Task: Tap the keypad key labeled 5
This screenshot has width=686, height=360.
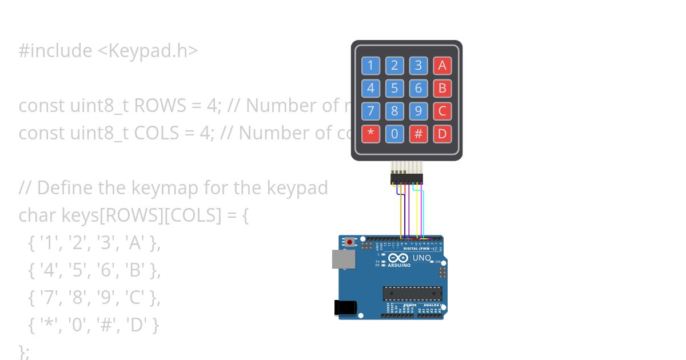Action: [x=394, y=89]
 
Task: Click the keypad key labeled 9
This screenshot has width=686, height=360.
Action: [x=418, y=111]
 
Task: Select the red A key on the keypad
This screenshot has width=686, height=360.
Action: [x=442, y=66]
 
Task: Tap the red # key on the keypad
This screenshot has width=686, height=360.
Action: [x=418, y=134]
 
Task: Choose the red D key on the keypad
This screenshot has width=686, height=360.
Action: [x=442, y=134]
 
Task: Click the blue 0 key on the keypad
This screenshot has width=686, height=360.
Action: [x=394, y=134]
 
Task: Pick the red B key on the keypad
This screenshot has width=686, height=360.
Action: [x=442, y=89]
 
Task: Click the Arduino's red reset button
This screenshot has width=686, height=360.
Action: [x=350, y=242]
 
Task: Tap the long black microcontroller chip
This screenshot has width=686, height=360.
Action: [x=412, y=293]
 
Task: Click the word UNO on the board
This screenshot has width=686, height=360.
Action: [x=422, y=258]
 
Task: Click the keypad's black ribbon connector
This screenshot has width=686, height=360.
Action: [x=405, y=179]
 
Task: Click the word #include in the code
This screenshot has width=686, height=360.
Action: [x=55, y=51]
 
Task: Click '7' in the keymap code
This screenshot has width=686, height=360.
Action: [x=47, y=298]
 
